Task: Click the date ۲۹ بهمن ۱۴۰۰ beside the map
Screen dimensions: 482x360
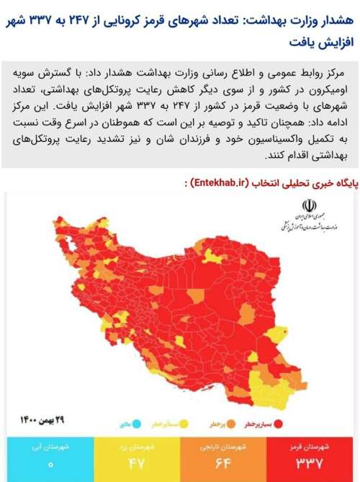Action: tap(44, 419)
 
